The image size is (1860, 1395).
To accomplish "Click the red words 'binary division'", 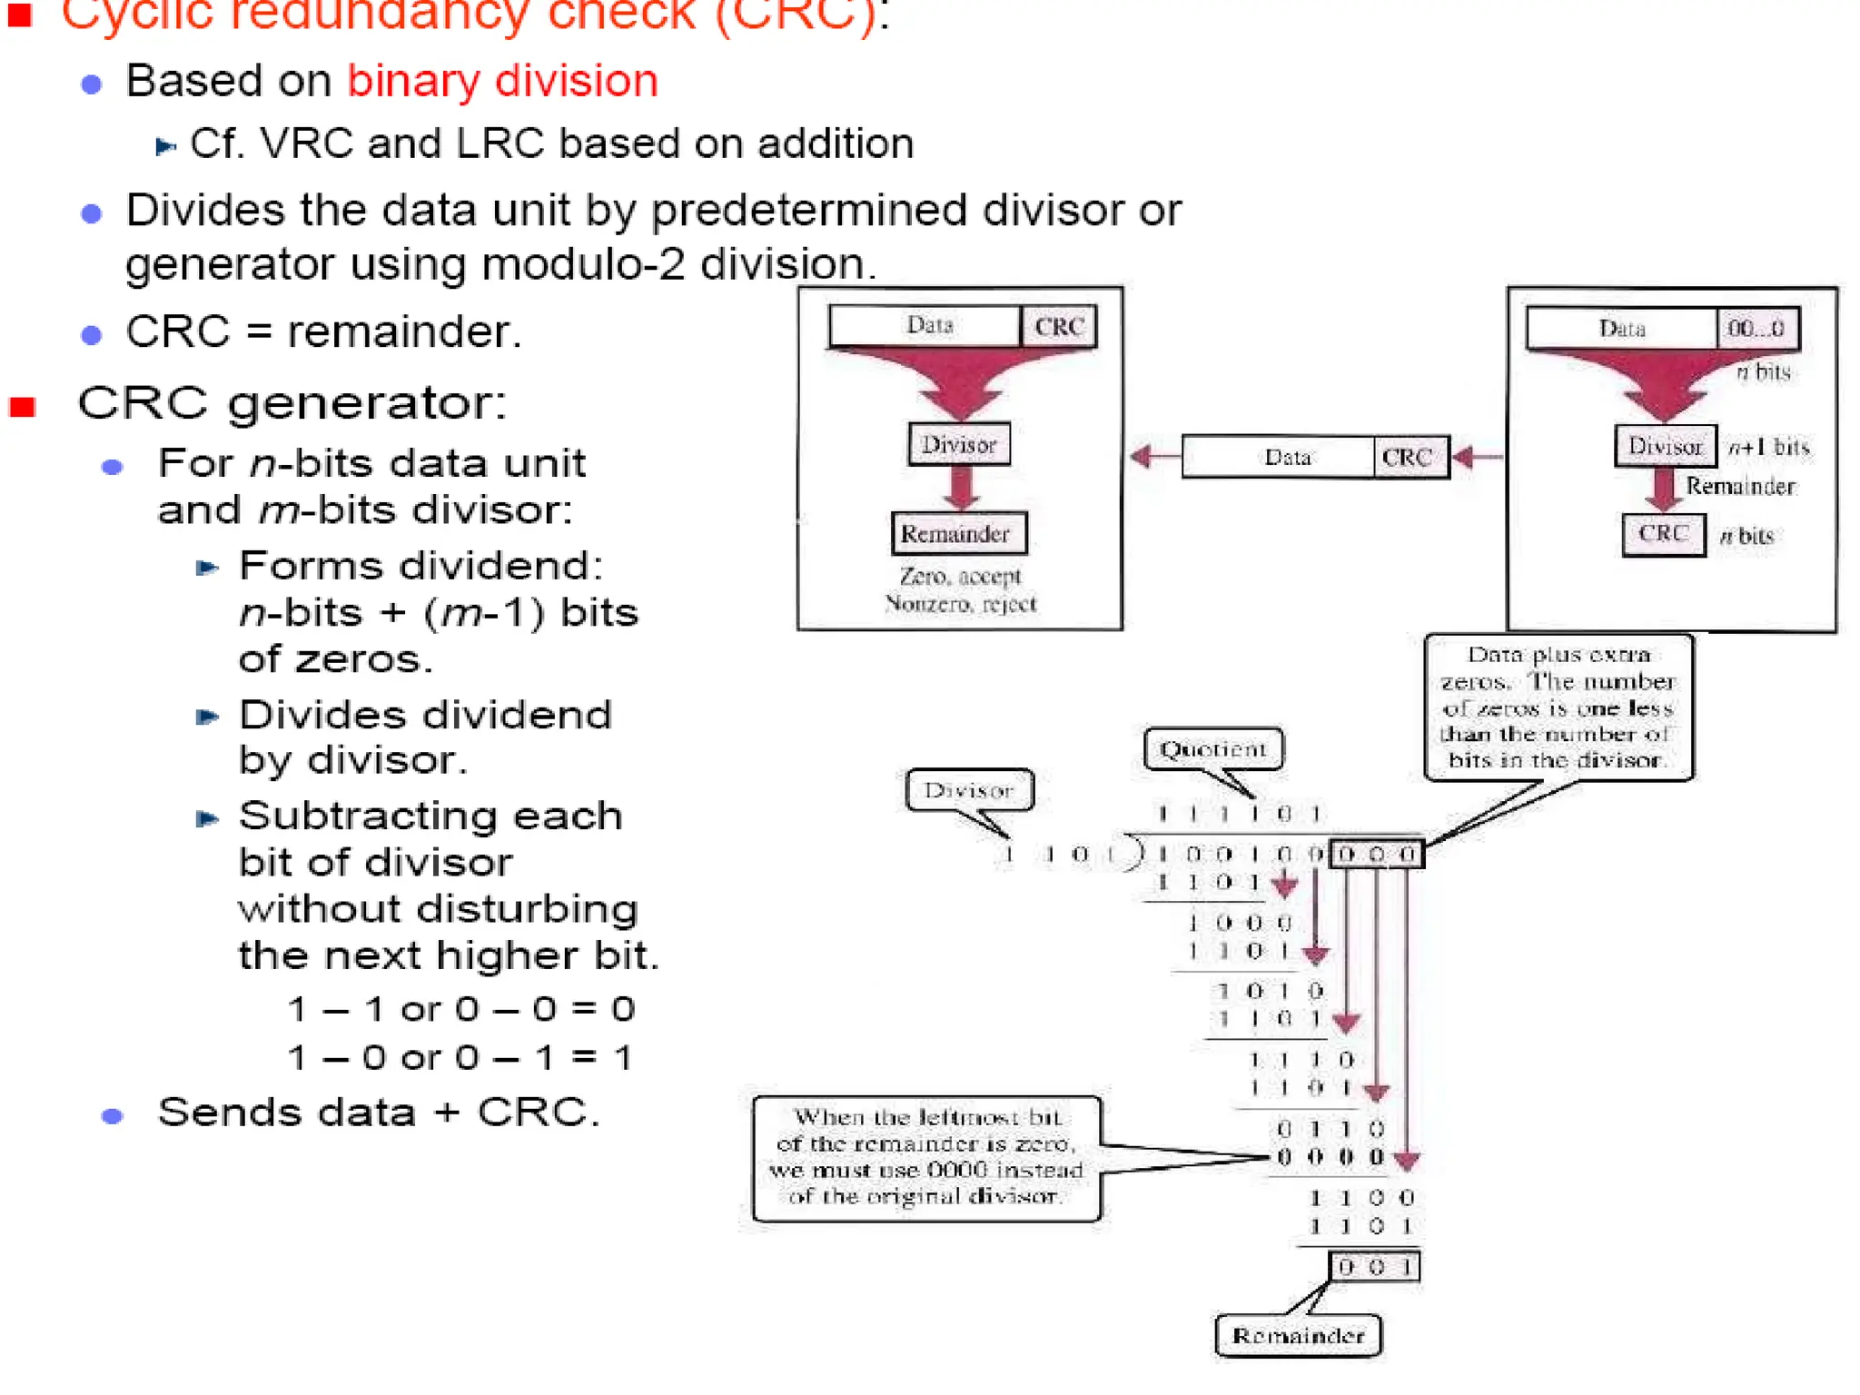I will pyautogui.click(x=502, y=81).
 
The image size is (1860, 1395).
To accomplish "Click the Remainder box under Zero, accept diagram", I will pyautogui.click(x=958, y=533).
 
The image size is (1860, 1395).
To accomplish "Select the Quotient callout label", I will pyautogui.click(x=1212, y=750).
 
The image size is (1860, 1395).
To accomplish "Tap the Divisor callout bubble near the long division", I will pyautogui.click(x=968, y=790).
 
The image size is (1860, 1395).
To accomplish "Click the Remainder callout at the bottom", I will pyautogui.click(x=1298, y=1335).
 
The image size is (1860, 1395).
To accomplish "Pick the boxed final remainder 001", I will pyautogui.click(x=1374, y=1266).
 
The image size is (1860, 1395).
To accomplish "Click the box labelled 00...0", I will pyautogui.click(x=1756, y=328).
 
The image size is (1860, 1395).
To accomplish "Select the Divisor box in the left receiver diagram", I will pyautogui.click(x=958, y=444).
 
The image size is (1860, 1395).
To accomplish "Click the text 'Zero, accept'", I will pyautogui.click(x=960, y=576).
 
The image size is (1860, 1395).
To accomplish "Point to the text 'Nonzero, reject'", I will pyautogui.click(x=960, y=604).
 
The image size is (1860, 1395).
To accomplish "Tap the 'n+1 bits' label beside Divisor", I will pyautogui.click(x=1768, y=447).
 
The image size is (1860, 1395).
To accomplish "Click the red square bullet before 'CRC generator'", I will pyautogui.click(x=23, y=406).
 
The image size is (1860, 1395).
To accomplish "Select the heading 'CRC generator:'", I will pyautogui.click(x=292, y=402).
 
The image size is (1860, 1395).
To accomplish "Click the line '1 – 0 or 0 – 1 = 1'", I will pyautogui.click(x=460, y=1057).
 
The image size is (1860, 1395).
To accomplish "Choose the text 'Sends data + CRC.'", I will pyautogui.click(x=378, y=1112).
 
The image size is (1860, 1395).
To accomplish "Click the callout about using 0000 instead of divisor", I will pyautogui.click(x=925, y=1157).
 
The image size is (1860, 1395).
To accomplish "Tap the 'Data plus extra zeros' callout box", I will pyautogui.click(x=1558, y=707).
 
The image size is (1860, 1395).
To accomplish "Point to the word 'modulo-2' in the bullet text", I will pyautogui.click(x=581, y=264).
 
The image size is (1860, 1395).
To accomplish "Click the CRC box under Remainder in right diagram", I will pyautogui.click(x=1663, y=533).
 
